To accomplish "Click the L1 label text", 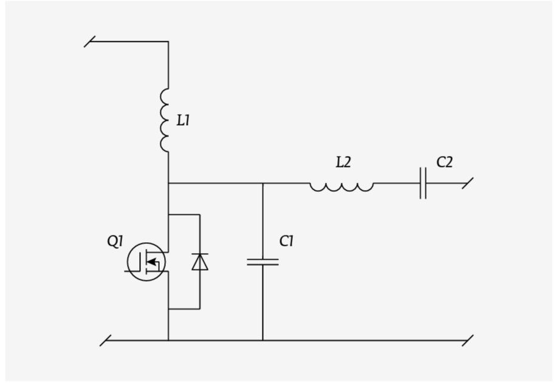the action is pos(184,120).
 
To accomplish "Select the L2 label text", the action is pos(343,162).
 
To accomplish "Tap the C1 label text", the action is pos(286,242).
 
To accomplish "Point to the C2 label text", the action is pos(444,162).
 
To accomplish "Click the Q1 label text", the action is pos(115,242).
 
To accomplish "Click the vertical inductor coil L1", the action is pos(164,120).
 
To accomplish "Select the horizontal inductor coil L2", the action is pos(341,187).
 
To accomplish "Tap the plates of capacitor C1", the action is pos(263,262).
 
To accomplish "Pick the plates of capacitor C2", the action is pos(423,183).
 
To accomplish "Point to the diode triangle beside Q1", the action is pos(200,262).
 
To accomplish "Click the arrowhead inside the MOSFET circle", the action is pos(151,262).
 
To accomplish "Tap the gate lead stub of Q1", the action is pos(131,271).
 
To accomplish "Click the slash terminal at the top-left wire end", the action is pos(90,41).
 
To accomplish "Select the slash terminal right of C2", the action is pos(468,183).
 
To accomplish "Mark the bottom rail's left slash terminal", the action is pos(105,341).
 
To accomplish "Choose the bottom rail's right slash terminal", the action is pos(468,341).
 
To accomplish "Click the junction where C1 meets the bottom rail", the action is pos(263,341).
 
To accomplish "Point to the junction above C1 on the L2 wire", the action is pos(263,183).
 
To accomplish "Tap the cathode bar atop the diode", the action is pos(200,254).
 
